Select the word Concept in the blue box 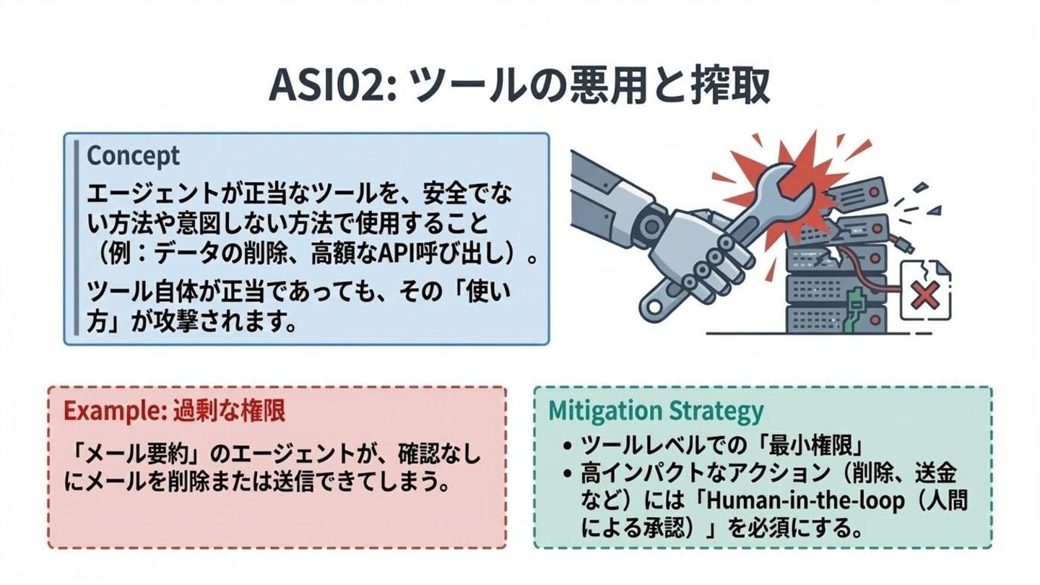[133, 155]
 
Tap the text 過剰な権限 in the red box [229, 410]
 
